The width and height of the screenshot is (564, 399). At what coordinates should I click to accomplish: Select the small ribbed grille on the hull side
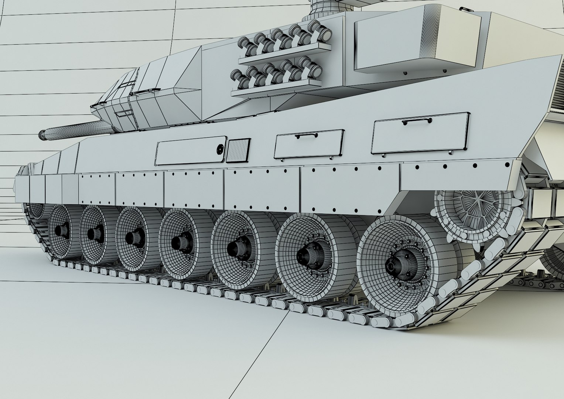pyautogui.click(x=239, y=150)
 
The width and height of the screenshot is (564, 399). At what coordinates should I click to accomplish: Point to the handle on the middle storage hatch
pyautogui.click(x=306, y=136)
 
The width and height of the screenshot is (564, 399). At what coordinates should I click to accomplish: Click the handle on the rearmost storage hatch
pyautogui.click(x=417, y=122)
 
